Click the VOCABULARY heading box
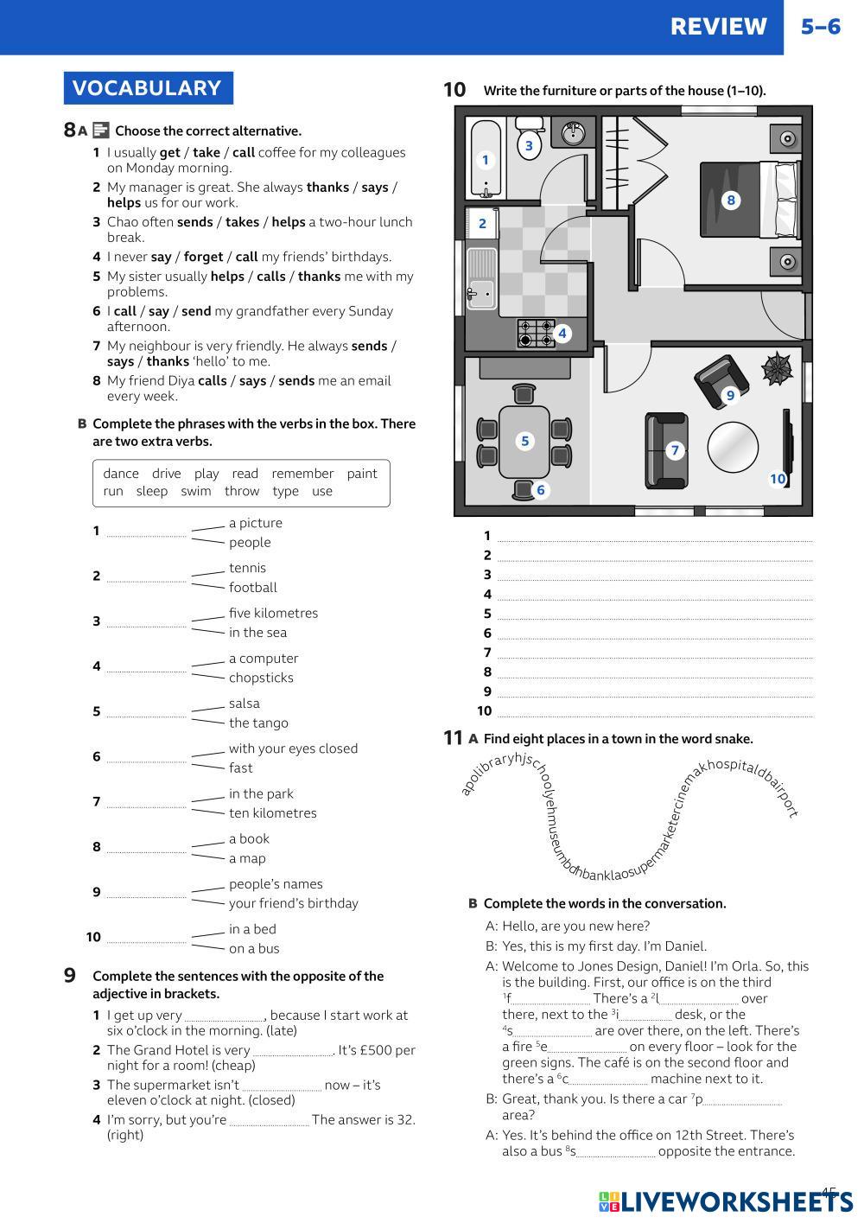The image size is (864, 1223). pos(148,88)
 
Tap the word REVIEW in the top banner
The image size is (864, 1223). pos(718,27)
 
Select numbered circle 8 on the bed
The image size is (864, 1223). pos(731,201)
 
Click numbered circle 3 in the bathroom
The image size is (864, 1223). pos(529,145)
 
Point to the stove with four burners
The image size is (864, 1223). pos(536,333)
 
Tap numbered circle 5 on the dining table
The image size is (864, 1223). pos(524,441)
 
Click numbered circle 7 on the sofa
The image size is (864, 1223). pos(675,449)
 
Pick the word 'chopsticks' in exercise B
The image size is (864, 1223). pos(261,678)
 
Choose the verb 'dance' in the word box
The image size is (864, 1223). pos(121,474)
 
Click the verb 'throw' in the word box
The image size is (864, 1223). pos(242,491)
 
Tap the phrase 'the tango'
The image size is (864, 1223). pos(258,723)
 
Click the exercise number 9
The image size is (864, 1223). pos(70,976)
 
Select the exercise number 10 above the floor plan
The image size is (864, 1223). pos(454,90)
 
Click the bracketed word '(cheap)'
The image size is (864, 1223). pos(232,1066)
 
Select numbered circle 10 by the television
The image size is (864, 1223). pos(778,479)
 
